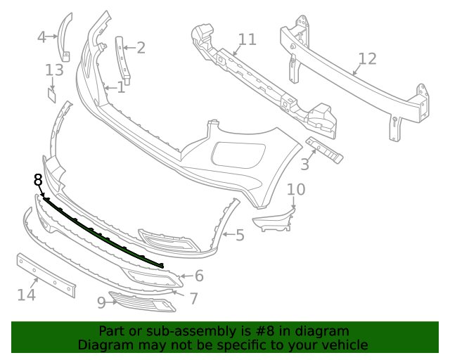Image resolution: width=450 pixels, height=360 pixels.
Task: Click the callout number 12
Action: pyautogui.click(x=367, y=59)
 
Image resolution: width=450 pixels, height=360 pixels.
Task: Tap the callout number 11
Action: pyautogui.click(x=247, y=39)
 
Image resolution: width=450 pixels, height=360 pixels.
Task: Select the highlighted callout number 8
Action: pyautogui.click(x=38, y=181)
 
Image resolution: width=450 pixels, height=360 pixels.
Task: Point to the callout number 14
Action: pyautogui.click(x=26, y=295)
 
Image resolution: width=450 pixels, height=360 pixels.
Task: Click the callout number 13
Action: pyautogui.click(x=54, y=70)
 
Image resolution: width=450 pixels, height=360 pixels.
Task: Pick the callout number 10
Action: pyautogui.click(x=296, y=189)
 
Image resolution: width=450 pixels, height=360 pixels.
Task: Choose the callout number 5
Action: pyautogui.click(x=240, y=235)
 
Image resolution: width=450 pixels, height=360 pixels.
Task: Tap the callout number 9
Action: pyautogui.click(x=101, y=302)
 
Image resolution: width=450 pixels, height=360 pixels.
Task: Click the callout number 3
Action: pyautogui.click(x=304, y=165)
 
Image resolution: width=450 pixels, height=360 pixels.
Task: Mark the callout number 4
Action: pyautogui.click(x=42, y=37)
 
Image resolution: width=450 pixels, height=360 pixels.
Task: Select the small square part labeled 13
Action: pyautogui.click(x=52, y=94)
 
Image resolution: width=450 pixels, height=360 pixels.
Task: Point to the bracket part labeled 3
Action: pyautogui.click(x=324, y=150)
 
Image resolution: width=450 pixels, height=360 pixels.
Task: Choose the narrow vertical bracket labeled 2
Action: pyautogui.click(x=122, y=60)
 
